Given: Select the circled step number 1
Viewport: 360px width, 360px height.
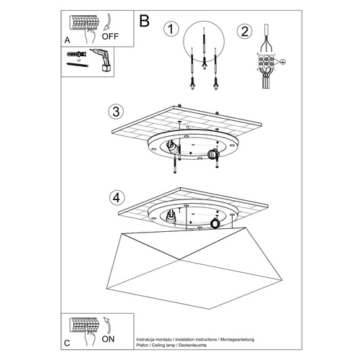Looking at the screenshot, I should pyautogui.click(x=171, y=30).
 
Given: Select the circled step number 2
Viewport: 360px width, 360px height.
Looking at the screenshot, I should pyautogui.click(x=244, y=31).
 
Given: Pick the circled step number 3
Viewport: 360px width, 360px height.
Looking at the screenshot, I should pyautogui.click(x=114, y=112).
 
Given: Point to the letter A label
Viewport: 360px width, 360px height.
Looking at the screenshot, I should pyautogui.click(x=68, y=40).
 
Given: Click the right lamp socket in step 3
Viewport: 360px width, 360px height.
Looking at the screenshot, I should pyautogui.click(x=213, y=155).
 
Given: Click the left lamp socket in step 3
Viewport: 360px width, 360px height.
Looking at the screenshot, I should pyautogui.click(x=172, y=148).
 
